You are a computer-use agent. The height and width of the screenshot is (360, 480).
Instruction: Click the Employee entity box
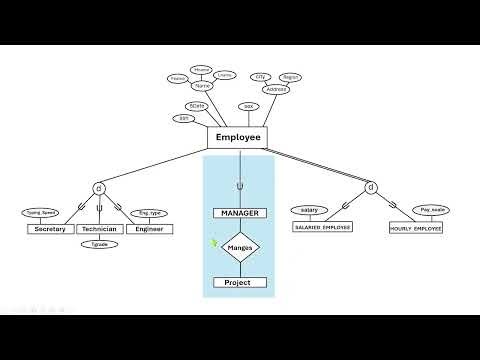coord(238,138)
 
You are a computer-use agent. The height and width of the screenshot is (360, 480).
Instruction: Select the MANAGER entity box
coord(239,213)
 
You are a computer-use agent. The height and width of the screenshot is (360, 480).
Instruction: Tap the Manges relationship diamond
coord(240,246)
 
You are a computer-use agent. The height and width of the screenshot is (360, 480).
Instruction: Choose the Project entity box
coord(240,283)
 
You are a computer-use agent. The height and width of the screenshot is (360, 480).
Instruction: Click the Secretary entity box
coord(50,229)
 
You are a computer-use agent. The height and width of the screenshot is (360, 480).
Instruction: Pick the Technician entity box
coord(99,229)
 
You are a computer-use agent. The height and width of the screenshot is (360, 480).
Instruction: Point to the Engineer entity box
coord(149,229)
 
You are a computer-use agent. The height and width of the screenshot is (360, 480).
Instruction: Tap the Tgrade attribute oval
coord(99,244)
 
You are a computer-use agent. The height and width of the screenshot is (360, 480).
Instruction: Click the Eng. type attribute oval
coord(149,213)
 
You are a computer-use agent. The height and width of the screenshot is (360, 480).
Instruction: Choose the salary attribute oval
coord(308,210)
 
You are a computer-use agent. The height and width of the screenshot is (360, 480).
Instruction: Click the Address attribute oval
coord(276,89)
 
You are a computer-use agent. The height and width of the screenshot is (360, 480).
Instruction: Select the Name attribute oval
coord(203,85)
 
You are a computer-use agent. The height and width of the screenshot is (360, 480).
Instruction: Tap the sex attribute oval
coord(249,106)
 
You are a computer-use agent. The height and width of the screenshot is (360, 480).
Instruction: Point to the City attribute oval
coord(261,76)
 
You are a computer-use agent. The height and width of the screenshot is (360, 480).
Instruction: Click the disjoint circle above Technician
coord(98,188)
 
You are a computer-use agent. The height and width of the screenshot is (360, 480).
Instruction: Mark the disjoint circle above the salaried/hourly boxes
coord(370,187)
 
